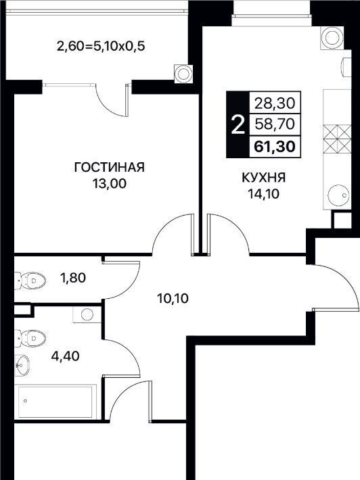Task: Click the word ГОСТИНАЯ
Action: click(110, 168)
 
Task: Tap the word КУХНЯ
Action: click(264, 178)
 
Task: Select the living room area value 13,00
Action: click(110, 184)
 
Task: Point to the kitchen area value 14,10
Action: click(264, 194)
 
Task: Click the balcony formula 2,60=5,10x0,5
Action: click(101, 47)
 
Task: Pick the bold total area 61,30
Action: click(275, 147)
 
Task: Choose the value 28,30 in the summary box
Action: click(275, 104)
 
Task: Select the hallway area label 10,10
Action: click(173, 298)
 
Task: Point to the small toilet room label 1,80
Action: click(73, 278)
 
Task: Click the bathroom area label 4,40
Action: click(66, 356)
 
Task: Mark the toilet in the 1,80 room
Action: click(30, 280)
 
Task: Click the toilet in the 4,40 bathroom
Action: click(30, 338)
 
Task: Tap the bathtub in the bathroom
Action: click(55, 402)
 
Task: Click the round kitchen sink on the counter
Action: click(338, 195)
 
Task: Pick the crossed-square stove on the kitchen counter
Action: click(337, 139)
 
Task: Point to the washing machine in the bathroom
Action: click(87, 314)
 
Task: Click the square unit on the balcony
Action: click(183, 74)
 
